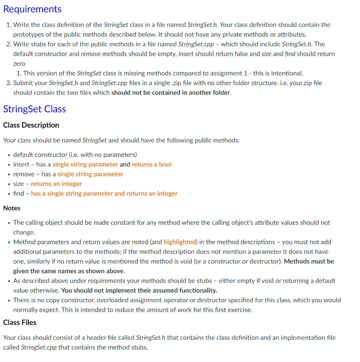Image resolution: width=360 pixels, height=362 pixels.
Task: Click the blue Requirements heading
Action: coord(32,9)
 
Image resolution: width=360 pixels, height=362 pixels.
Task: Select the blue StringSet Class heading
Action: coord(35,109)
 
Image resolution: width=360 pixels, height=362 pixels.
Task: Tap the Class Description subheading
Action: coord(31,125)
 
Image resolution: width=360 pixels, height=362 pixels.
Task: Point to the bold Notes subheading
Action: coord(12,208)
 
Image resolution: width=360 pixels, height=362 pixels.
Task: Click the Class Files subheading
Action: coord(20,322)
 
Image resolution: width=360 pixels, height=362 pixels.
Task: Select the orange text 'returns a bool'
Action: coord(152,164)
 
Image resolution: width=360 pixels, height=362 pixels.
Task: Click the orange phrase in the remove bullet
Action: coord(90,174)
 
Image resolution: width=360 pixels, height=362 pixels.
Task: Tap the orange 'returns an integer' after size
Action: coord(56,184)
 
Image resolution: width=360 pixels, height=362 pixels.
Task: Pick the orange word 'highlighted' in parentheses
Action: coord(179,242)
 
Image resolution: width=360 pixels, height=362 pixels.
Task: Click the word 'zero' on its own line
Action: coord(19,64)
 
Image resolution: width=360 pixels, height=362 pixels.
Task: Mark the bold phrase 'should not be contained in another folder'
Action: coord(171,93)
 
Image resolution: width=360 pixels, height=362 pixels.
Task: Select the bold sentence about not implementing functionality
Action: coord(139,291)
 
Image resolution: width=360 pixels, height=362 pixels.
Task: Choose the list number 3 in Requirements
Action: coord(8,83)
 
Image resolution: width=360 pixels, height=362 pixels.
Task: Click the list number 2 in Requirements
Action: coord(8,44)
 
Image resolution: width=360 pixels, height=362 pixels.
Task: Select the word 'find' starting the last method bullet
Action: coord(18,193)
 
